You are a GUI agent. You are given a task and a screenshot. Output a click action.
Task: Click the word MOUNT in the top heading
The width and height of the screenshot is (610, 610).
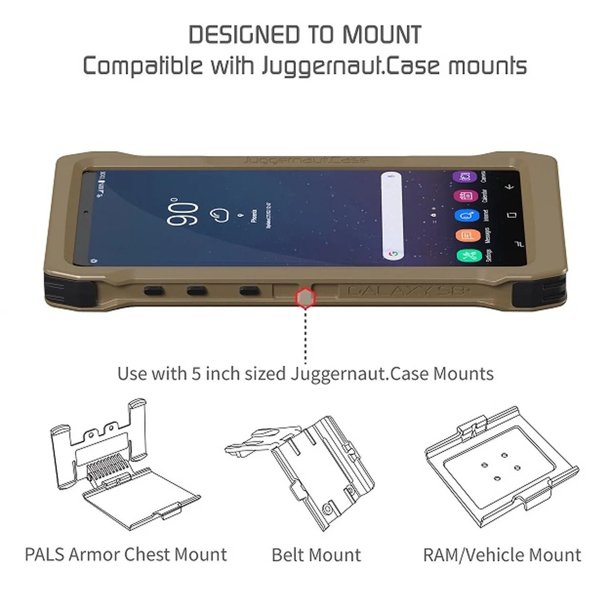(x=382, y=35)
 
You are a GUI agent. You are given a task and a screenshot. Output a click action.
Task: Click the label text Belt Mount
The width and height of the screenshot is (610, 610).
(x=316, y=555)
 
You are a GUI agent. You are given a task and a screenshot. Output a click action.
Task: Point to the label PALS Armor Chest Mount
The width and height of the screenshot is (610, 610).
(x=126, y=554)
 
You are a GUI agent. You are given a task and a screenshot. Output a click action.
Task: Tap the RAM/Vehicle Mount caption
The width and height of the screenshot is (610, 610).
(x=502, y=555)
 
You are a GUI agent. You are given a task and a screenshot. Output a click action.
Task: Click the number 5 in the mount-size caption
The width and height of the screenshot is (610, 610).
(x=195, y=374)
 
